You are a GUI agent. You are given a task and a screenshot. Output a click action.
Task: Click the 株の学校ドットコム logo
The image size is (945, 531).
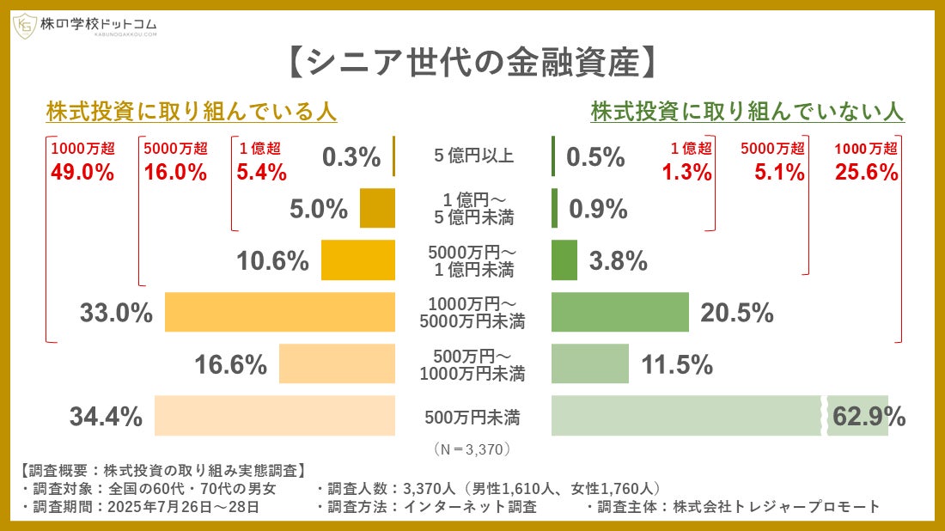point(85,26)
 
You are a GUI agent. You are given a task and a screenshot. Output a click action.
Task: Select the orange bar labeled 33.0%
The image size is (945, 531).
point(279,313)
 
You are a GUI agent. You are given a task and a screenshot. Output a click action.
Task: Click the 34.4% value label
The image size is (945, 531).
point(105,418)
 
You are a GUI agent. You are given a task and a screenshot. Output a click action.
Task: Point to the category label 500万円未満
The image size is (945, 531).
point(472,418)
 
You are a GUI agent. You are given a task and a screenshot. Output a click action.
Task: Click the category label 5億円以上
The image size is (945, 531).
point(473,156)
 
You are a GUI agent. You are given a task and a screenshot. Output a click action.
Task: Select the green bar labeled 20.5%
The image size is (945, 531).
point(619,313)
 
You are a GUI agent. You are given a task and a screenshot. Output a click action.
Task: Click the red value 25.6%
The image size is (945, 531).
point(866,172)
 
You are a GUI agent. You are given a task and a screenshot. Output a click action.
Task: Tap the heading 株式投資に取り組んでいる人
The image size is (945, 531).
point(191,112)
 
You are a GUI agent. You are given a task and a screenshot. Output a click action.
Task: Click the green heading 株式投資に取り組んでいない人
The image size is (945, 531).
point(747,112)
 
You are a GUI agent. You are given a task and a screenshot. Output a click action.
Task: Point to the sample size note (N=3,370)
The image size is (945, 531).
point(473,449)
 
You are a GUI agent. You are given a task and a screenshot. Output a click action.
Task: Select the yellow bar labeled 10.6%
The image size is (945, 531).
point(357,260)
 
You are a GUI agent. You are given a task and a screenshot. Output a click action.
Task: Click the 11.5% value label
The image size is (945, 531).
point(677,365)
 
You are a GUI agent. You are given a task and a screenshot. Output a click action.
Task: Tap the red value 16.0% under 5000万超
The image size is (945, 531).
point(175,172)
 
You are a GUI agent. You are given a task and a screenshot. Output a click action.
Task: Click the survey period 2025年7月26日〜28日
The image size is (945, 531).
point(182,507)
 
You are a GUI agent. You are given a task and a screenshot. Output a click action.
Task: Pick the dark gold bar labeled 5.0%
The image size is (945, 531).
point(377,209)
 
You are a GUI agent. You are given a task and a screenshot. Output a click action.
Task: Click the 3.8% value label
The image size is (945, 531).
point(618,261)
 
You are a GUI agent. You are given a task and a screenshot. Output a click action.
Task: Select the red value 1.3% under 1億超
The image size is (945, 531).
point(686,172)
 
